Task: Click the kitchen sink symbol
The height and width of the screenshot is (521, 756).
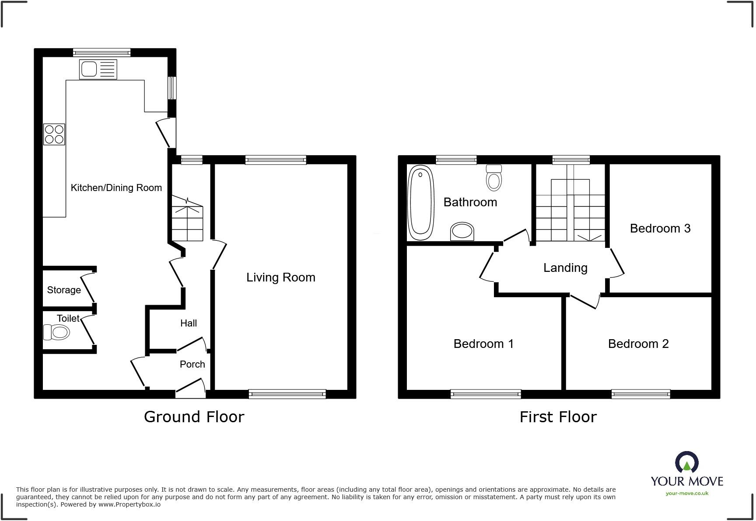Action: (98, 69)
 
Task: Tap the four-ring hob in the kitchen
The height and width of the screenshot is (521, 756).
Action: (54, 134)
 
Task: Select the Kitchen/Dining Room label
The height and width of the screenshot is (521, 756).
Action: (116, 188)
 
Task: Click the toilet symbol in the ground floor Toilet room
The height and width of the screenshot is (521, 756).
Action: (57, 333)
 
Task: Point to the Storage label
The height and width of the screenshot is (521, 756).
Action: (64, 290)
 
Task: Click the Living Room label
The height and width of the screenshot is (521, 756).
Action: (280, 278)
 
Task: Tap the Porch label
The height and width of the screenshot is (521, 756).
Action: (192, 365)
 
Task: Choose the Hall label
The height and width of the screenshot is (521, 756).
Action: (189, 323)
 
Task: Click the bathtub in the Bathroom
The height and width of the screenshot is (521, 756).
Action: (420, 202)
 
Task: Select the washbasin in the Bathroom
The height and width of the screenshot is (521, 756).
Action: (462, 231)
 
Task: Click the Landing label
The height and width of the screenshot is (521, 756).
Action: (565, 268)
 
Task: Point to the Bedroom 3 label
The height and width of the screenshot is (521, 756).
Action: (660, 229)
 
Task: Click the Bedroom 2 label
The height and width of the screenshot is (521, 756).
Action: (638, 344)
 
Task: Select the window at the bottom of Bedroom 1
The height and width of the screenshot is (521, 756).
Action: (486, 394)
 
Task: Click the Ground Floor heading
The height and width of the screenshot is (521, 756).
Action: (194, 417)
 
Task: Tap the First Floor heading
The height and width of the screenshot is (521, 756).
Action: (558, 417)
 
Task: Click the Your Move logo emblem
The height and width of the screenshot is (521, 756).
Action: (686, 462)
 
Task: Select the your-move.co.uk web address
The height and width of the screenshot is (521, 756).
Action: (687, 493)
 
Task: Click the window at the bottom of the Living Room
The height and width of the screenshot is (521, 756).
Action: (287, 394)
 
